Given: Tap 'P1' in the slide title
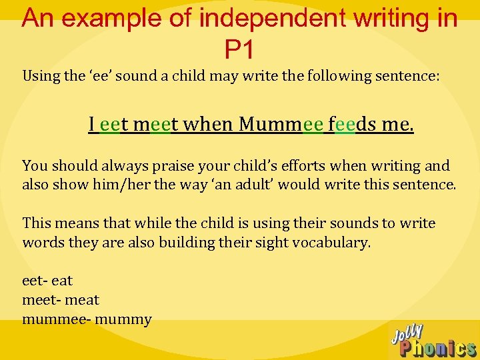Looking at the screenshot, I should (x=240, y=49).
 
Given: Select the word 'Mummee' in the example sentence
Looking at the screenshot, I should (x=281, y=124).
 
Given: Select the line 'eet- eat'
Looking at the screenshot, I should (x=47, y=281).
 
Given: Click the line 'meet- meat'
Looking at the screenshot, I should (x=61, y=300).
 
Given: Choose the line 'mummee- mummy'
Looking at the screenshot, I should (x=87, y=320).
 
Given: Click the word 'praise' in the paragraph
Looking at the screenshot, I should (x=180, y=165).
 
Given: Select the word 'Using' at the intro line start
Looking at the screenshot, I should (x=41, y=75).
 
